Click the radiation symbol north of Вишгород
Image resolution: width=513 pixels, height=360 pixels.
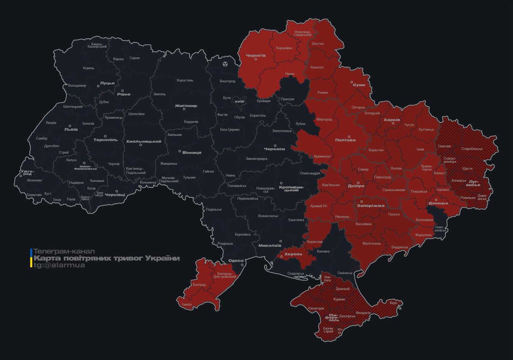pyautogui.click(x=225, y=64)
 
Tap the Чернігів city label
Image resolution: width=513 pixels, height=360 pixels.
pyautogui.click(x=256, y=55)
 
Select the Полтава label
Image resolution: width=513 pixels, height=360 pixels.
pyautogui.click(x=345, y=140)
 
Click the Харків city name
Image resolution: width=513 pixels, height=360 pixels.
pyautogui.click(x=392, y=120)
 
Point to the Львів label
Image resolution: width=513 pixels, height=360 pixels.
pyautogui.click(x=71, y=129)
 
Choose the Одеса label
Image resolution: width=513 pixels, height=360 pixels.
pyautogui.click(x=236, y=260)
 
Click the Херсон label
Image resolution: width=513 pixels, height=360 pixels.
pyautogui.click(x=293, y=254)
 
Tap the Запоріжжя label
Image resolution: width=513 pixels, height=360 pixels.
pyautogui.click(x=371, y=206)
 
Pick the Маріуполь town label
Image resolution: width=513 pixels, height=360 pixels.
pyautogui.click(x=424, y=235)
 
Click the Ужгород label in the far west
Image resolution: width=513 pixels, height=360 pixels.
pyautogui.click(x=26, y=172)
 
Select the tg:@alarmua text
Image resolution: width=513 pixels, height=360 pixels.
pyautogui.click(x=59, y=265)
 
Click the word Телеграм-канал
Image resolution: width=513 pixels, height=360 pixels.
pyautogui.click(x=64, y=251)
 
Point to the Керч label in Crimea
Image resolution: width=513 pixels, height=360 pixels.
pyautogui.click(x=394, y=303)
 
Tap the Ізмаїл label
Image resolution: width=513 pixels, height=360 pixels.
pyautogui.click(x=187, y=304)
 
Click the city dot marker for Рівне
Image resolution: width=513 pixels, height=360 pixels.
pyautogui.click(x=123, y=91)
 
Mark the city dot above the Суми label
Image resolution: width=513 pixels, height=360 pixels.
pyautogui.click(x=352, y=81)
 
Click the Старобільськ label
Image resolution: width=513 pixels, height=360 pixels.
pyautogui.click(x=472, y=149)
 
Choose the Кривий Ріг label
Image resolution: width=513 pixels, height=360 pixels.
pyautogui.click(x=319, y=206)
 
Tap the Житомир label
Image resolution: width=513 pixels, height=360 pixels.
pyautogui.click(x=186, y=106)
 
